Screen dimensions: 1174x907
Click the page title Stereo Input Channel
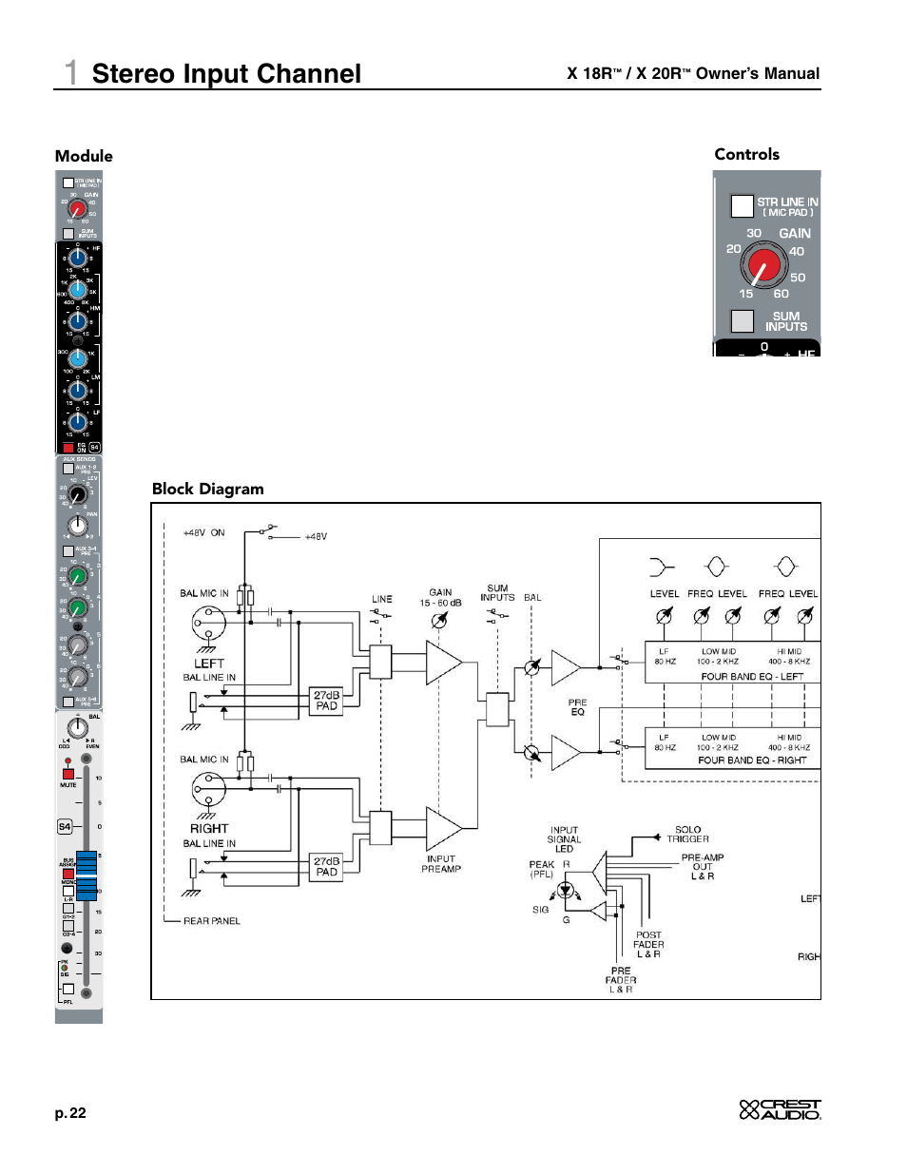coord(225,74)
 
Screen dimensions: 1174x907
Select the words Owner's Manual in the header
coord(757,74)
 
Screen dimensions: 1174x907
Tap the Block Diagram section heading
coord(207,489)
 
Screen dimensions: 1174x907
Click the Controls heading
coord(746,154)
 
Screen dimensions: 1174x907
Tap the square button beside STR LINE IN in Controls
coord(742,206)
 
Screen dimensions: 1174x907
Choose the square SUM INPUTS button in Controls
coord(742,321)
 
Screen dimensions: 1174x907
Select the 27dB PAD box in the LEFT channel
coord(326,701)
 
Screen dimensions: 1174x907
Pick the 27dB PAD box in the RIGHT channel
coord(326,866)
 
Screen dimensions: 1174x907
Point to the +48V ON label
coord(203,533)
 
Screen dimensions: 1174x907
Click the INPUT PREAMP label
coord(441,863)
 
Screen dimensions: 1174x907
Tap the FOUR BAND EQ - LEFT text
coord(751,677)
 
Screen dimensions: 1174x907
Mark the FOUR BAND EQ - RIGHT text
coord(751,760)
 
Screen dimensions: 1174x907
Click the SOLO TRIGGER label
coord(687,834)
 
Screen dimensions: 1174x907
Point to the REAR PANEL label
coord(211,921)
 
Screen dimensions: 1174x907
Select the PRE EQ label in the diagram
coord(577,706)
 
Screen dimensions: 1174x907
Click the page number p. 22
coord(70,1113)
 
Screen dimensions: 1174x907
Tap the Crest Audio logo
coord(780,1109)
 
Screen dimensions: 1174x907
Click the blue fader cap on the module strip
coord(87,875)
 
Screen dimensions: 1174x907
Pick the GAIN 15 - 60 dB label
coord(440,597)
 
